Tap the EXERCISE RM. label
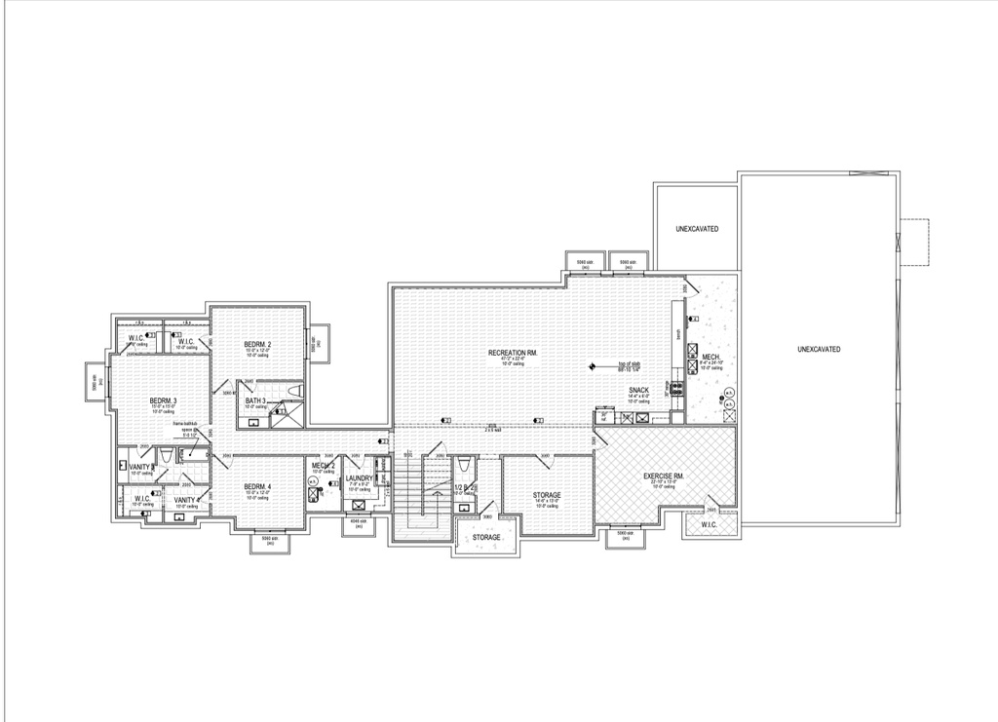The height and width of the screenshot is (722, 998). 664,476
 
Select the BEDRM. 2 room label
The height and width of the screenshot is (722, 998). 257,345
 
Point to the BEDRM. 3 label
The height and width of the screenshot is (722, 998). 163,400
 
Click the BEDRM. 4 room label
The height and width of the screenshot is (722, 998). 257,487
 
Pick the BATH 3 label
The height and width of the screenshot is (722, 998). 255,401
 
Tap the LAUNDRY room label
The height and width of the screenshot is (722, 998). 359,478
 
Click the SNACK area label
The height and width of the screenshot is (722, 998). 639,390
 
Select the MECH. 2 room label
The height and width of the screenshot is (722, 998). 324,466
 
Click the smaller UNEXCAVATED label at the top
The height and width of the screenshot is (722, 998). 697,229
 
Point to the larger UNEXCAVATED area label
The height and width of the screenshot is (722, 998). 819,349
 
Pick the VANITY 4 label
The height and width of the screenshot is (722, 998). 186,500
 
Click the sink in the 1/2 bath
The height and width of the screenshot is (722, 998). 459,508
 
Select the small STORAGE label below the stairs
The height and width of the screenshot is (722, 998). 486,537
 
